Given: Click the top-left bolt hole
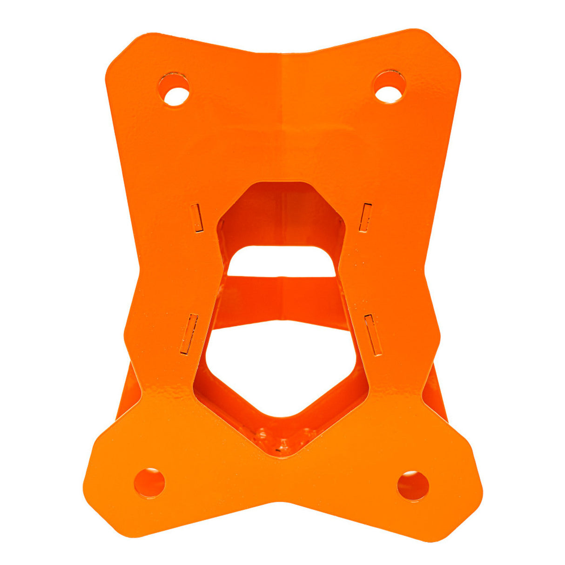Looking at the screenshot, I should coord(174,89).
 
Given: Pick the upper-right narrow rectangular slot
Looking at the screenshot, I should coord(366,217).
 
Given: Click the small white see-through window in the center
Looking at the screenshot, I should coord(281,262).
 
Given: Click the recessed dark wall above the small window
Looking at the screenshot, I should coord(281,214).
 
